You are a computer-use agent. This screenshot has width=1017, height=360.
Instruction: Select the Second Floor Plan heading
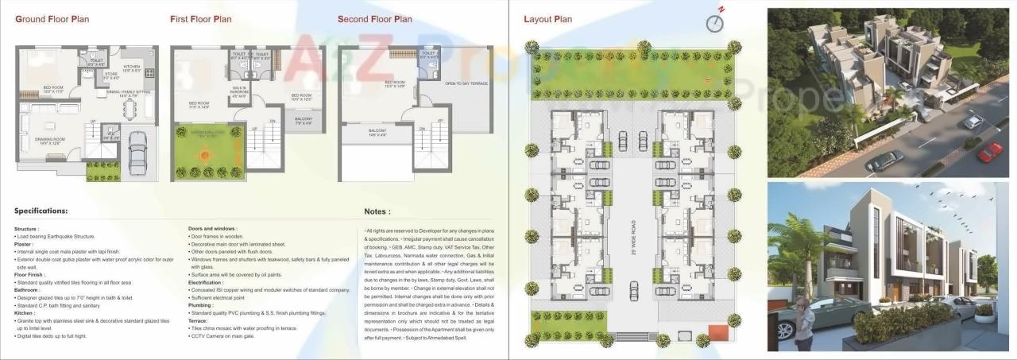374,19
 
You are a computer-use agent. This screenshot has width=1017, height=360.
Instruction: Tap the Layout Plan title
547,19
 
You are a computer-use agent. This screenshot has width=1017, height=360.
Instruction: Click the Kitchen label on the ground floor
132,68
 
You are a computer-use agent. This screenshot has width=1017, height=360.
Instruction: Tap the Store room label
111,75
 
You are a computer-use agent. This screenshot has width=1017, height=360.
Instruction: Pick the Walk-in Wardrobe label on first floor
240,90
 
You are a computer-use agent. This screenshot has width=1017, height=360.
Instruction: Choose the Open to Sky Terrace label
466,83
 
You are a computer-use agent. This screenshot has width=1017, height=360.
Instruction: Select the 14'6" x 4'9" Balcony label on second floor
377,133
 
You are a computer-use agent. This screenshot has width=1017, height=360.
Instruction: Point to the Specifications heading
41,211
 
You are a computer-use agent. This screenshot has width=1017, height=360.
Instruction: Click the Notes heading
377,212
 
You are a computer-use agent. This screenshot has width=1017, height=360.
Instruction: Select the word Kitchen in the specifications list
26,313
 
